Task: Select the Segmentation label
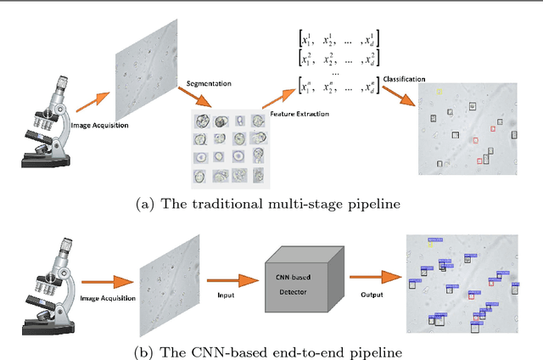209,85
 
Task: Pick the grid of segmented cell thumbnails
227,149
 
